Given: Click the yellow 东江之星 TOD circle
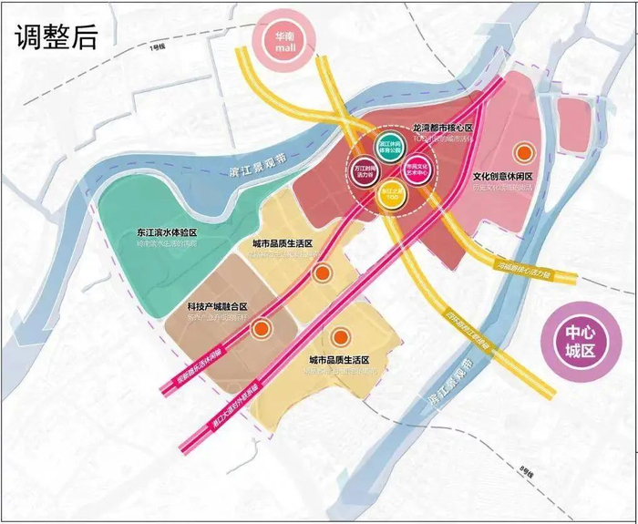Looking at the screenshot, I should click(x=391, y=195).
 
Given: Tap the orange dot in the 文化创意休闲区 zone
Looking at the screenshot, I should click(x=523, y=152).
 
